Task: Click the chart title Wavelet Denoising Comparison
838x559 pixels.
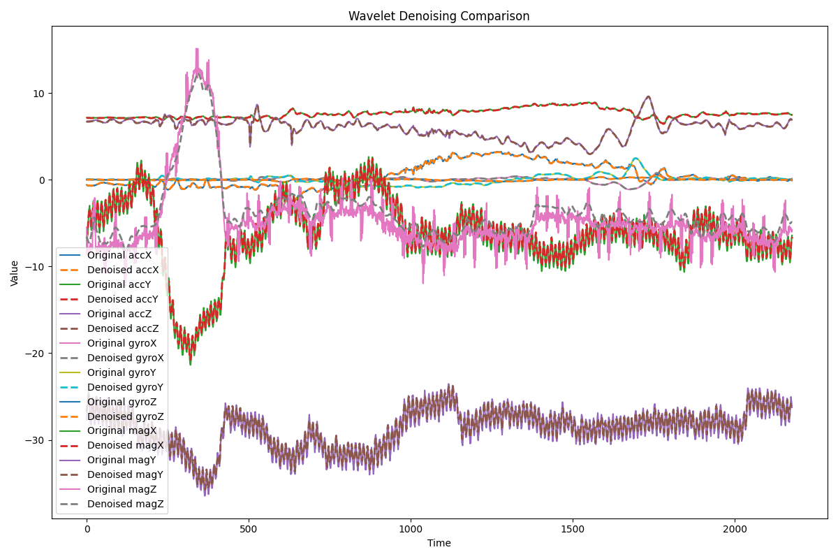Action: click(439, 16)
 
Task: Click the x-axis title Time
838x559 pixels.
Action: click(439, 543)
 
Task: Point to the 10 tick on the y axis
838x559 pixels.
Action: click(39, 94)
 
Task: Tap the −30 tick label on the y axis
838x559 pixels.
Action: click(36, 440)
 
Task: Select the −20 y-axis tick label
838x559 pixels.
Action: click(36, 354)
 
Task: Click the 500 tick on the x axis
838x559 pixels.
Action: click(249, 529)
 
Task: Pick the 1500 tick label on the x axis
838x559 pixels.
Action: click(573, 529)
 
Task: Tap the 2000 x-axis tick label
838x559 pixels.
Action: click(735, 529)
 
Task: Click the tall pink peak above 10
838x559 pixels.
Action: click(198, 50)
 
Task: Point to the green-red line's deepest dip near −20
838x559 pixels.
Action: click(190, 363)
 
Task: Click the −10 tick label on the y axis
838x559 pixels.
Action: click(36, 267)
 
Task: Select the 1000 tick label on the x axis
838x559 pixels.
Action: click(411, 529)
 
